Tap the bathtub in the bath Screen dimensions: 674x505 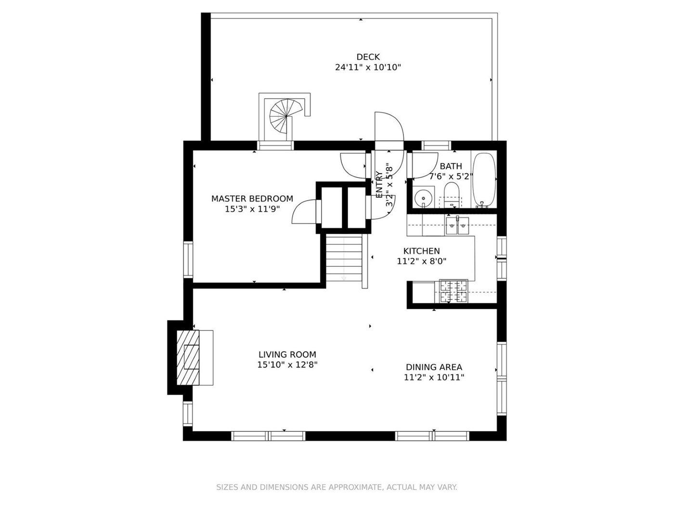point(484,180)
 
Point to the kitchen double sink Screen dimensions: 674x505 point(457,226)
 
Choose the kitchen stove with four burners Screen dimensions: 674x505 point(454,291)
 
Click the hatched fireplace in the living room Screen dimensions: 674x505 point(188,357)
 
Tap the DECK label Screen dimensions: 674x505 point(368,57)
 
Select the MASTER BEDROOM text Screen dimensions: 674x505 point(252,198)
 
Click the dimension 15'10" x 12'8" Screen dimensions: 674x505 point(287,365)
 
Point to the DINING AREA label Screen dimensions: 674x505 point(434,366)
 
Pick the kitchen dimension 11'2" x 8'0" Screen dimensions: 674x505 point(421,261)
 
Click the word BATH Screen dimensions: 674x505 point(451,166)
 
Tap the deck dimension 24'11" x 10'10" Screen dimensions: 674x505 point(368,67)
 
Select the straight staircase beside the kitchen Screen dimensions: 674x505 point(344,258)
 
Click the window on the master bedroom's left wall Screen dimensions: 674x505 point(188,260)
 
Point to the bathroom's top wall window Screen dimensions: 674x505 point(436,145)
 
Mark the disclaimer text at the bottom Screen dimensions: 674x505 point(337,487)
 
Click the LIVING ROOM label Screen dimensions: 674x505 point(287,354)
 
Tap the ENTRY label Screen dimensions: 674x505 point(379,185)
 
